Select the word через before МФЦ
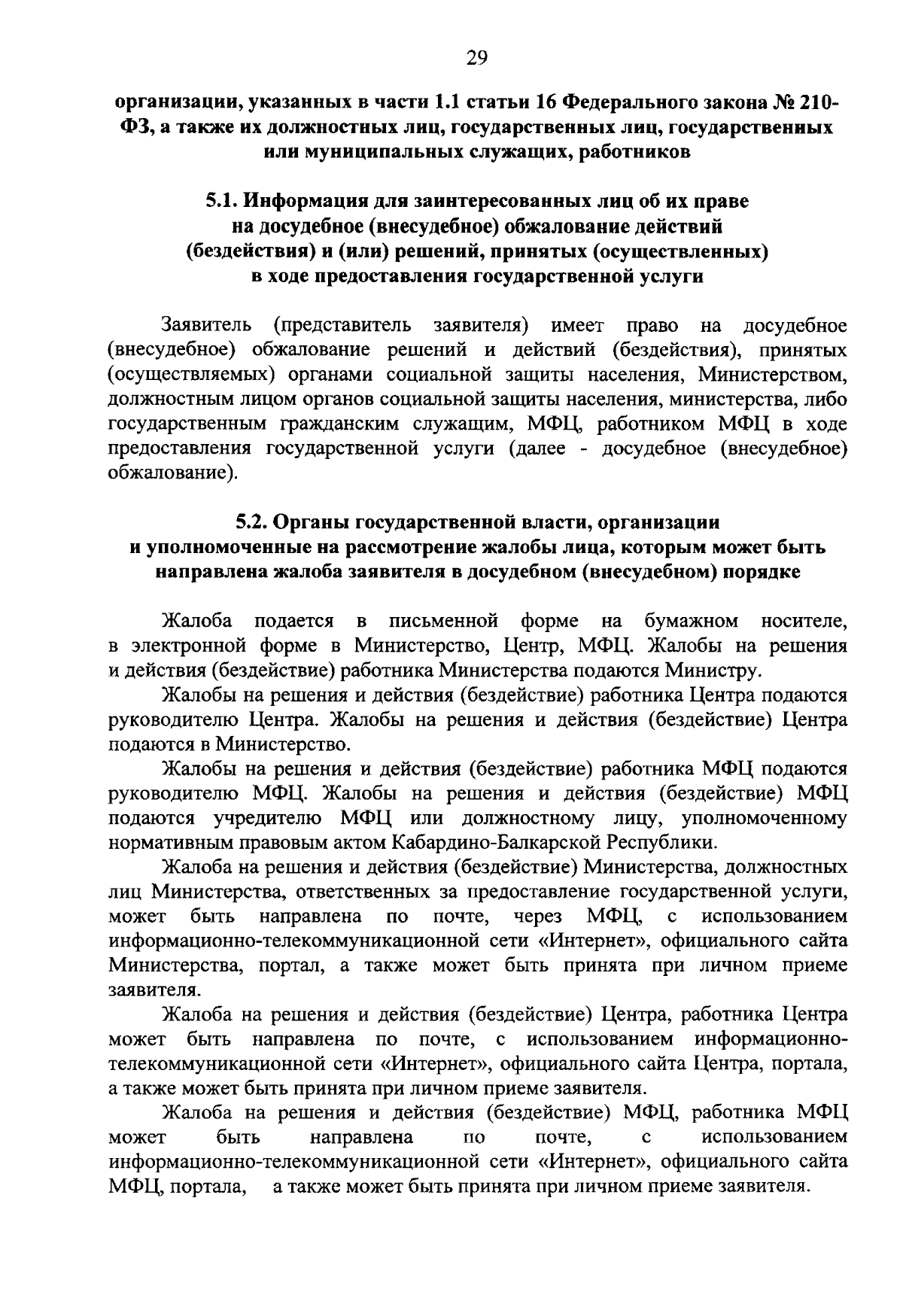pyautogui.click(x=537, y=916)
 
